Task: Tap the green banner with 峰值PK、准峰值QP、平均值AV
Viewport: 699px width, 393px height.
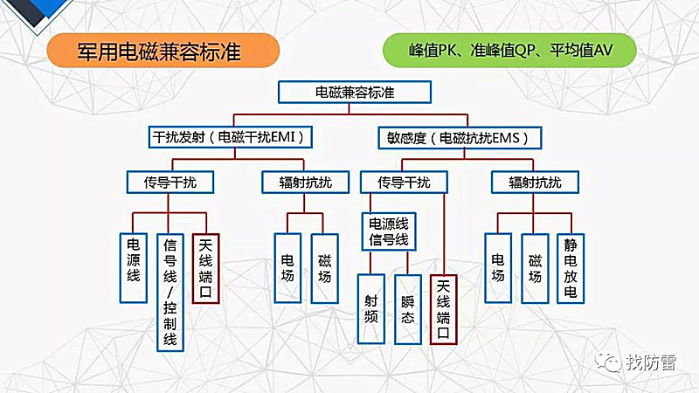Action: tap(511, 50)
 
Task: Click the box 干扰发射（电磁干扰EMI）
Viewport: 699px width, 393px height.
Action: tap(231, 137)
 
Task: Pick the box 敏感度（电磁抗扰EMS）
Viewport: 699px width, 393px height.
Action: tap(459, 137)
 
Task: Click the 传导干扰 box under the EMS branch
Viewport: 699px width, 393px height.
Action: tap(404, 183)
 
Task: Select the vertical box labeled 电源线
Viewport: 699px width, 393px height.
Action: tap(134, 267)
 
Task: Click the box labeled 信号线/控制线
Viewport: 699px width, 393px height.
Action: tap(170, 292)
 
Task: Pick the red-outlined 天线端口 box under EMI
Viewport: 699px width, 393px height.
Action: tap(205, 267)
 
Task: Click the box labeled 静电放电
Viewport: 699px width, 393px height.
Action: tap(571, 267)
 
